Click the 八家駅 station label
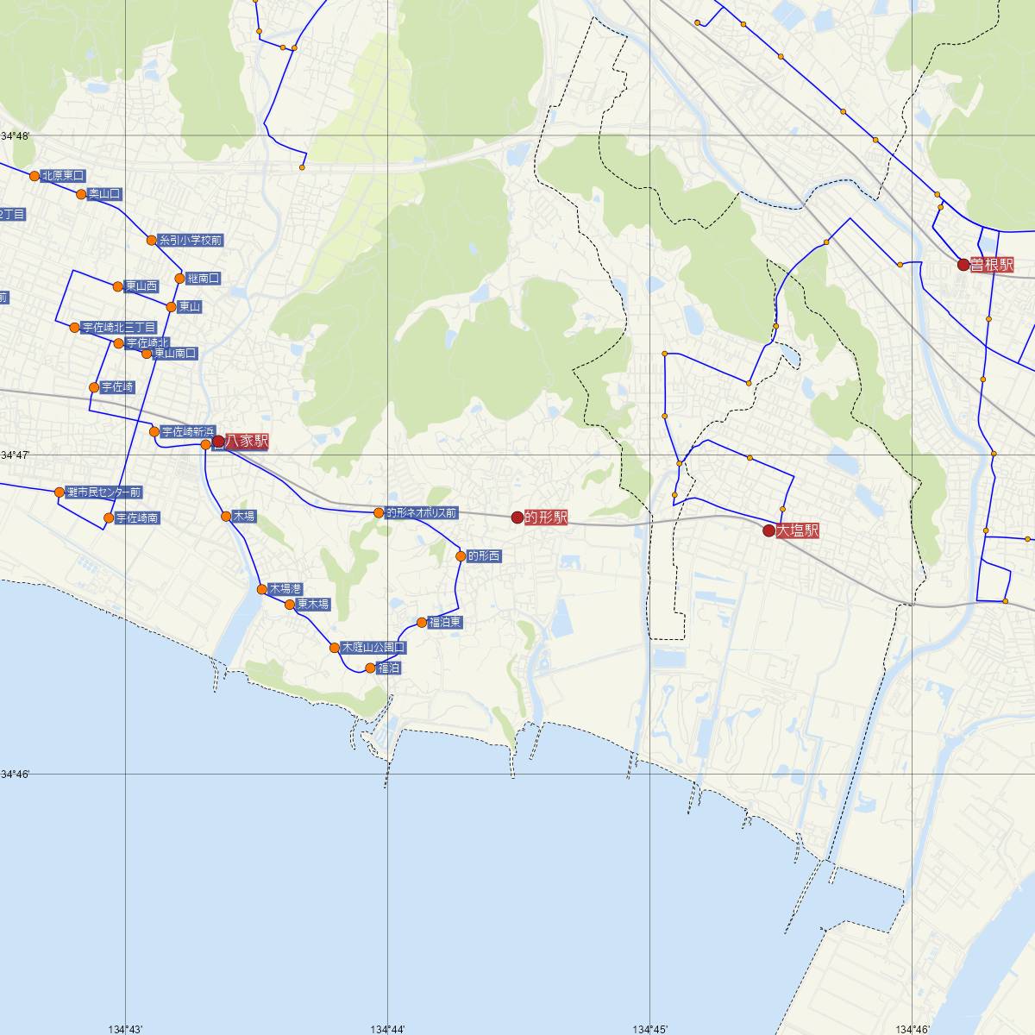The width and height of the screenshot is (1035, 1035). click(x=247, y=442)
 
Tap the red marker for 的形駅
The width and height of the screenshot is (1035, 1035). click(x=517, y=517)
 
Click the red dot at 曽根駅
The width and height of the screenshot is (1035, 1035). click(x=964, y=265)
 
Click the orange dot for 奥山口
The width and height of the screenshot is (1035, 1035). click(x=82, y=194)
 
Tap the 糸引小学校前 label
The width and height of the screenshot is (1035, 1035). click(x=191, y=241)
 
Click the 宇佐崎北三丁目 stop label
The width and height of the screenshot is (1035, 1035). click(x=118, y=328)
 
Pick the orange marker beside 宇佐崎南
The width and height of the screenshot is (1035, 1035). click(x=109, y=518)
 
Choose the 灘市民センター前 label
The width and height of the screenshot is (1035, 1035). click(x=103, y=492)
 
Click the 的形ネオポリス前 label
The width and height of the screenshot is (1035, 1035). click(x=421, y=513)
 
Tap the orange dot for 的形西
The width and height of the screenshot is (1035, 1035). click(x=461, y=556)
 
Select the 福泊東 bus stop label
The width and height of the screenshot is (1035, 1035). click(x=445, y=623)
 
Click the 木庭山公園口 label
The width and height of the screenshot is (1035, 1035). click(x=373, y=647)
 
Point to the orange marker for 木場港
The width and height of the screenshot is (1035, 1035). click(x=262, y=589)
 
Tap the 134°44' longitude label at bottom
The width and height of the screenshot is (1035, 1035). click(x=388, y=1029)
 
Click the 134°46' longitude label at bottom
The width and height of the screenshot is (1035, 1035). click(x=913, y=1029)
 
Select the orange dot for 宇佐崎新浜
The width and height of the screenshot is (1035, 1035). click(x=154, y=431)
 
